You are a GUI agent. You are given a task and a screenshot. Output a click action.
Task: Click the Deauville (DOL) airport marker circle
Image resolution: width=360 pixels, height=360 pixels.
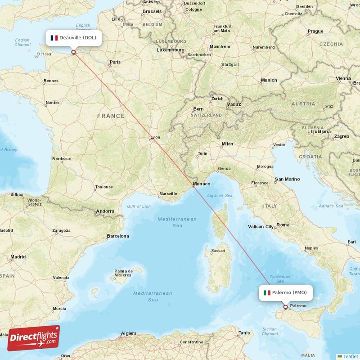click(74, 52)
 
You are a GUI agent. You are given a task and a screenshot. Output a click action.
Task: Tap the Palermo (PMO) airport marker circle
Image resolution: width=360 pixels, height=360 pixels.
click(285, 307)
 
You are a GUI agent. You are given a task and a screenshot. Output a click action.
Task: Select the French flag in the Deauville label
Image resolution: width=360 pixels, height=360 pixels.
click(54, 38)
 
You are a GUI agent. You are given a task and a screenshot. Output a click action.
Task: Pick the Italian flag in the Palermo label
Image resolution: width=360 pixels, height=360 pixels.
click(267, 292)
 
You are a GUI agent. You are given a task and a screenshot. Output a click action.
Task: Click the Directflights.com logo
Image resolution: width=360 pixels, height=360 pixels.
click(34, 338)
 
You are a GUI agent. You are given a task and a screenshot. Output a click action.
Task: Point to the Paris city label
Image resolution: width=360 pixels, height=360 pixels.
click(116, 62)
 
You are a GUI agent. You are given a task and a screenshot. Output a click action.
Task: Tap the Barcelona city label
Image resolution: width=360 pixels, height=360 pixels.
click(117, 236)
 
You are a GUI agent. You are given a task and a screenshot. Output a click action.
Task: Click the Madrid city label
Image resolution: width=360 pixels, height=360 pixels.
click(18, 257)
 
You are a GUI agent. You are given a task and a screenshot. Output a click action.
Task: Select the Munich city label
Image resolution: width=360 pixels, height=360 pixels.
click(269, 80)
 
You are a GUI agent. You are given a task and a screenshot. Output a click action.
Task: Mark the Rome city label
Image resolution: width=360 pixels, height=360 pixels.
click(283, 225)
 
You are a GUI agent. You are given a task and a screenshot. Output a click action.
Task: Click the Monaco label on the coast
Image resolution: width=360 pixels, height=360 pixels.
click(201, 184)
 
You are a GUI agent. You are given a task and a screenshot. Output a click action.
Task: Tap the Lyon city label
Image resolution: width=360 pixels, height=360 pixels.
click(155, 137)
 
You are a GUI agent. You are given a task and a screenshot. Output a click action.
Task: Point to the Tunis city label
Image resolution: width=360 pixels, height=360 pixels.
click(244, 333)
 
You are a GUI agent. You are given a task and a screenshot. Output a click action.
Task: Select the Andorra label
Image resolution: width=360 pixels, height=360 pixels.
click(105, 211)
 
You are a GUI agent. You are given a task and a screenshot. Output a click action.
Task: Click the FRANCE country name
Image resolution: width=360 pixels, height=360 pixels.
click(111, 116)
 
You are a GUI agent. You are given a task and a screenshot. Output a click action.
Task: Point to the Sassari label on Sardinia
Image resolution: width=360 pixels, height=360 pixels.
click(219, 250)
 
